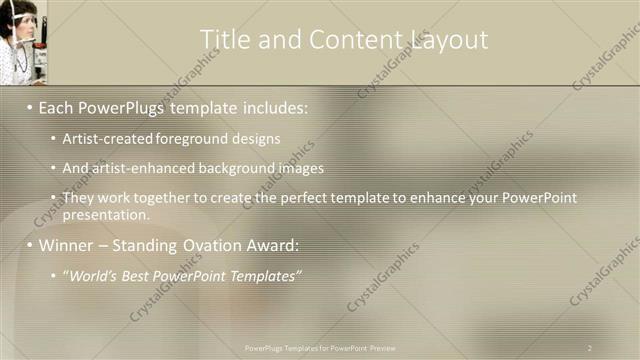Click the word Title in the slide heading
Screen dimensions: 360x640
click(x=223, y=39)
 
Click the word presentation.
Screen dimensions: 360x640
click(x=104, y=214)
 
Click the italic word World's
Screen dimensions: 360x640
click(x=92, y=275)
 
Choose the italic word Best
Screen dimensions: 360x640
click(x=139, y=275)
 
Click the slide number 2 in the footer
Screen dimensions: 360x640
click(x=589, y=347)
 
